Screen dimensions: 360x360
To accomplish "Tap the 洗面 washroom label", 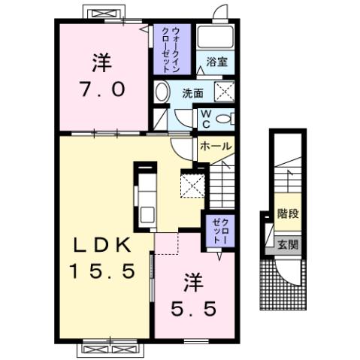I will coord(193,93).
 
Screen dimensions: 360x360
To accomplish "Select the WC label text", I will coord(204,118).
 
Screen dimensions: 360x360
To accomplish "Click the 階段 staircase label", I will coord(288,213).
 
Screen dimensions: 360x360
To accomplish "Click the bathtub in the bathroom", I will coord(216,38).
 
